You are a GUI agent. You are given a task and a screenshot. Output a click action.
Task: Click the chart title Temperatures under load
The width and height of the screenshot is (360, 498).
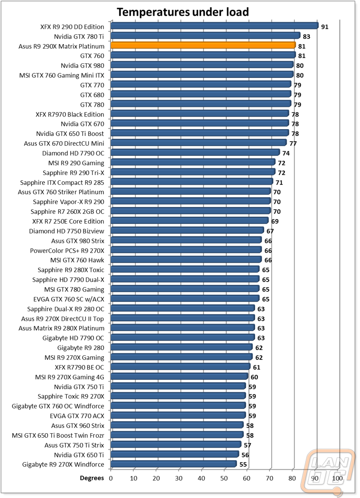pos(183,12)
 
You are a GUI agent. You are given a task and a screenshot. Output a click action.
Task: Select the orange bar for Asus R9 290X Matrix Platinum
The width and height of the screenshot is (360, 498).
pos(203,45)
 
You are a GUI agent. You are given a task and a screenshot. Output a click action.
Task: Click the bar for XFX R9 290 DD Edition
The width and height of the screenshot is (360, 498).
pos(215,26)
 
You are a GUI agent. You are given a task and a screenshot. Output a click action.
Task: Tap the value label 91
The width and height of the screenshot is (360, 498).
pos(324,27)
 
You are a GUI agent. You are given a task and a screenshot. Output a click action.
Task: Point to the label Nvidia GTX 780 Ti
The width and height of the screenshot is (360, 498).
pos(79,36)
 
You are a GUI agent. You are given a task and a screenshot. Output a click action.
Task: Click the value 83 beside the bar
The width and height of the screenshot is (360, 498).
pos(306,37)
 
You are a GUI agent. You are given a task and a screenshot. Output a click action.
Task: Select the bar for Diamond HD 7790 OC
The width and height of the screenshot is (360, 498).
pos(195,153)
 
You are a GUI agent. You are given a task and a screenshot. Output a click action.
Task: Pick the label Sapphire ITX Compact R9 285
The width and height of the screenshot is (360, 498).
pos(62,183)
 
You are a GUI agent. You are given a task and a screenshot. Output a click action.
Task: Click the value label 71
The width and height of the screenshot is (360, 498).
pos(279,183)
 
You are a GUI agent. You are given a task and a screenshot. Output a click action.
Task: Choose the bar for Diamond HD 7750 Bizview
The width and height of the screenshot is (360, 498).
pos(188,230)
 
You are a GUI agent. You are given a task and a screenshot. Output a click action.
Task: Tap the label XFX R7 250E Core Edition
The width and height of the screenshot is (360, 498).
pos(68,221)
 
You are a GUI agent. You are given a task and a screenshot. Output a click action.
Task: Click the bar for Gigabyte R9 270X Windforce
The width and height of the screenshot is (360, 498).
pos(174,464)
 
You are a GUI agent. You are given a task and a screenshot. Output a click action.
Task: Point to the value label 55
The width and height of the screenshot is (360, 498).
pos(243,465)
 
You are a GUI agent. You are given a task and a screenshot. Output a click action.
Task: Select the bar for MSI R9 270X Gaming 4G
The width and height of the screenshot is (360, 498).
pos(180,377)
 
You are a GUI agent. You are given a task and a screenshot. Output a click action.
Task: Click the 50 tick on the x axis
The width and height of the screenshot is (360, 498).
pos(224,478)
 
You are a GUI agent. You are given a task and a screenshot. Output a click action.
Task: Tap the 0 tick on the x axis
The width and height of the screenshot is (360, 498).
pos(111,478)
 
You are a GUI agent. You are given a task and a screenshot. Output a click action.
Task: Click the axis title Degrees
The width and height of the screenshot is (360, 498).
pos(92,478)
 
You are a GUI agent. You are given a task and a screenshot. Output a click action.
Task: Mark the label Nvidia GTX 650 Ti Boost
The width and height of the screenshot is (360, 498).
pos(70,134)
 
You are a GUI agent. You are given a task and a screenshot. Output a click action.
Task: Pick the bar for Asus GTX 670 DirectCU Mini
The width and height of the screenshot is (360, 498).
pos(199,143)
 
